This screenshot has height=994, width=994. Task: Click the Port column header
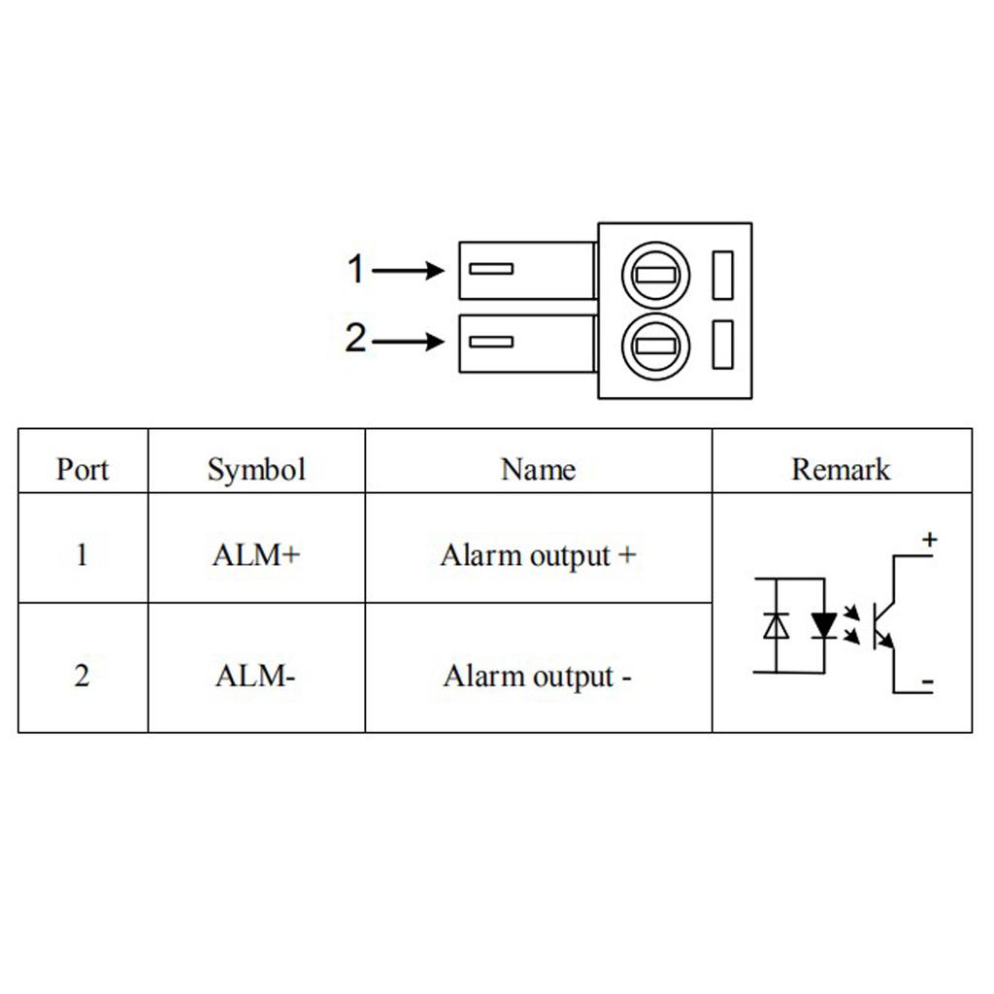[83, 470]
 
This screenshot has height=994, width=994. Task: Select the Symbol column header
[256, 470]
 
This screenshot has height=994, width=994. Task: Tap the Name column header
[538, 470]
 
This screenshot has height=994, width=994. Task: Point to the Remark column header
[841, 470]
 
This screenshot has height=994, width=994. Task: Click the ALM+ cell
[256, 556]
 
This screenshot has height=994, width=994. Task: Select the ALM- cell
[255, 676]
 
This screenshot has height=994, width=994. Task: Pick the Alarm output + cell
[538, 556]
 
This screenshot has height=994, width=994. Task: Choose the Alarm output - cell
[538, 676]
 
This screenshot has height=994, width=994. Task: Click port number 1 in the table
[82, 556]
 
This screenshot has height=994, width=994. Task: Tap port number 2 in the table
[82, 676]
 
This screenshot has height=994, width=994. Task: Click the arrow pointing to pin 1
[408, 271]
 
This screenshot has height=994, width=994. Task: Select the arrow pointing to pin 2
[408, 342]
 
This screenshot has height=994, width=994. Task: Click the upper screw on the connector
[655, 275]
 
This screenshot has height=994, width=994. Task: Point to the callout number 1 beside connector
[356, 270]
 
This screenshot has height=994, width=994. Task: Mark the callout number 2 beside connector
[356, 339]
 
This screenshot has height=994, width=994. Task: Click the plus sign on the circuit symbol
[929, 540]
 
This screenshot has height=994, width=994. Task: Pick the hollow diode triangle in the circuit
[776, 626]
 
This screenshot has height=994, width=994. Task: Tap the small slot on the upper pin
[491, 269]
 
